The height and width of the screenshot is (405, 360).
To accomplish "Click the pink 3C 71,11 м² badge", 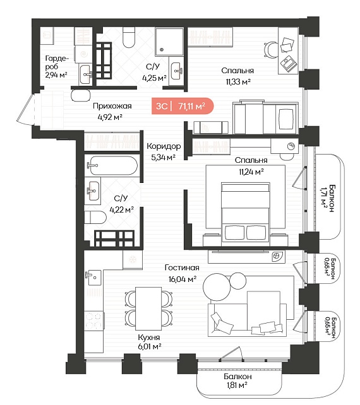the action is point(183,106).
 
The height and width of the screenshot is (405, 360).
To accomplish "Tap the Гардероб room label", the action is point(56,67).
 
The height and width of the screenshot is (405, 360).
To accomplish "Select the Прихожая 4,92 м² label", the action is point(112,111).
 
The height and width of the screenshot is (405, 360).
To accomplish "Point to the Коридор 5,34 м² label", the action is point(164,151).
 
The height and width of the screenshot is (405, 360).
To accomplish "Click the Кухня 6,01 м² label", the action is point(149,341).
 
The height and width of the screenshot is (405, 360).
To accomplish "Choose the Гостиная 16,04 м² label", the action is point(182,273).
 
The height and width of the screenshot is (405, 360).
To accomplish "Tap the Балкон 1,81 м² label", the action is point(237,381).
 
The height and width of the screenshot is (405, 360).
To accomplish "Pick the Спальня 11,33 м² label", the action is point(237,76).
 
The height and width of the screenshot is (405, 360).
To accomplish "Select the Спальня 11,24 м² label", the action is point(251,166).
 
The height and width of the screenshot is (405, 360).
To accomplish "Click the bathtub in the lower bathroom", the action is point(111,165).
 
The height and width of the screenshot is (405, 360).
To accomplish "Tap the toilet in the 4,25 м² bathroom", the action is point(129,37).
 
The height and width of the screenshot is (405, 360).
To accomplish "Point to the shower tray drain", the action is point(162,50).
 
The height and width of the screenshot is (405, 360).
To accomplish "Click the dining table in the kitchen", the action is point(148,308).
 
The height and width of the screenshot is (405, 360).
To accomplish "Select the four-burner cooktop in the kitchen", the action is point(93,320).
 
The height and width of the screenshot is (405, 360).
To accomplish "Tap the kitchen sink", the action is point(93,278).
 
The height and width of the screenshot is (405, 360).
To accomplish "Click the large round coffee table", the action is point(217,286).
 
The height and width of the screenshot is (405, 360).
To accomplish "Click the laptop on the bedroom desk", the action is point(289,64).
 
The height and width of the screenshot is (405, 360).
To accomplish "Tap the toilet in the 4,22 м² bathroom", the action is point(95,218).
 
